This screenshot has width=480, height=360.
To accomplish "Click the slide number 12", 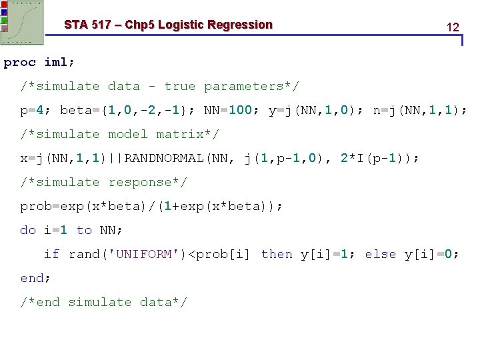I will tap(453, 27).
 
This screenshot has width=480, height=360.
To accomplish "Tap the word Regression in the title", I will tap(240, 25).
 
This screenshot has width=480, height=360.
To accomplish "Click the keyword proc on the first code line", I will tap(19, 63).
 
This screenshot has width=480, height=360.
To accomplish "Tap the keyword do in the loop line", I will tap(28, 231).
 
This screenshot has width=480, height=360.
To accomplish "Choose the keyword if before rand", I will tap(51, 255).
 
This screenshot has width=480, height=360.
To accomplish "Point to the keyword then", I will tap(277, 255).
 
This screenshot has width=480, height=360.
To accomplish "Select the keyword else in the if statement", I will tap(381, 255).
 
